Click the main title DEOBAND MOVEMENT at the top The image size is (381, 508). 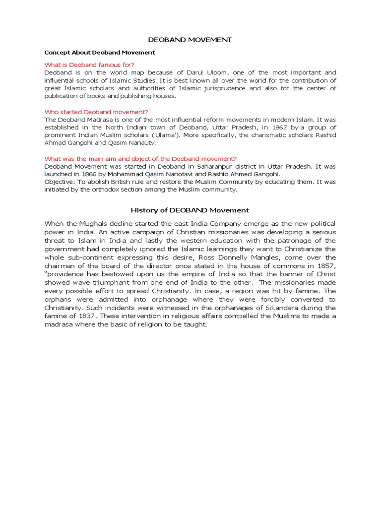190,40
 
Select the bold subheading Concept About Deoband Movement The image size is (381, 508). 100,52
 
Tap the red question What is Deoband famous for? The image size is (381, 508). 89,64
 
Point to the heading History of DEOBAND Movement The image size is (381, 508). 190,210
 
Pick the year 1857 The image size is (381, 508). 325,266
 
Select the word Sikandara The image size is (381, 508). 277,308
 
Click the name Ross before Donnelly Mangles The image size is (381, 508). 197,257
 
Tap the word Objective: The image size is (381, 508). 60,182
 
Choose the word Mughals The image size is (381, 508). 91,224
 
